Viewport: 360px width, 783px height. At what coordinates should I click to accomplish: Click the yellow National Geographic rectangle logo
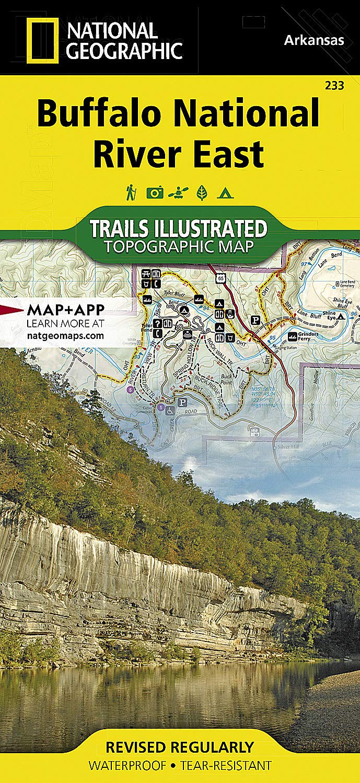tap(42, 40)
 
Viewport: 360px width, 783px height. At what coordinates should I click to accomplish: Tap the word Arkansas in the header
tap(315, 40)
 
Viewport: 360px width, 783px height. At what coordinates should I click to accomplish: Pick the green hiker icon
tap(130, 193)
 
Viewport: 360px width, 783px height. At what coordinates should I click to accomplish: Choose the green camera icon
tap(155, 193)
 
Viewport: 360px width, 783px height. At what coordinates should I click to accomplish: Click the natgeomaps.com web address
tap(65, 336)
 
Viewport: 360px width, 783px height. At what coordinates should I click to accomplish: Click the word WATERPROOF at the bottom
tap(127, 766)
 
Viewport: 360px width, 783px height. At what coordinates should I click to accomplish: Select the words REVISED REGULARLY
tap(180, 746)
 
